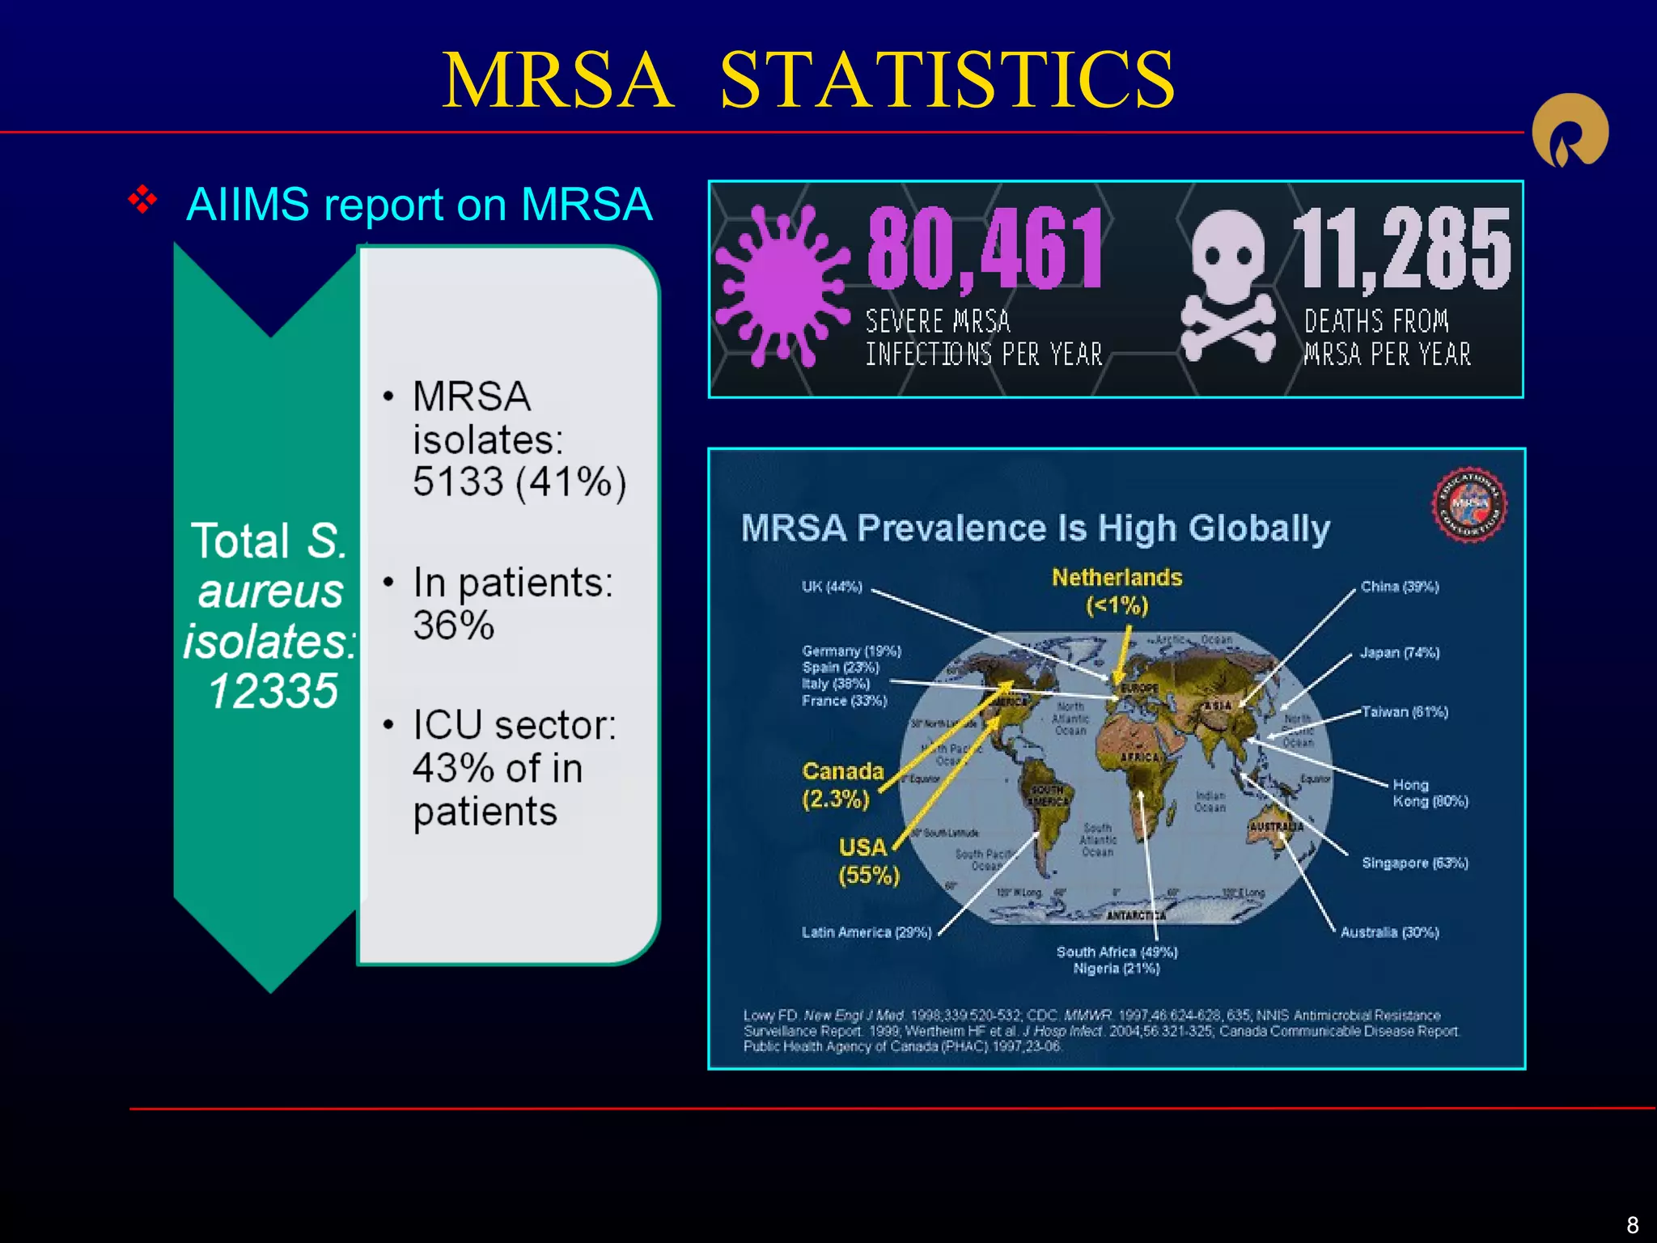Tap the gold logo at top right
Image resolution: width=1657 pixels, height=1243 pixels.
coord(1570,131)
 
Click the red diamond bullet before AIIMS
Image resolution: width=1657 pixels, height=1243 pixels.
coord(142,200)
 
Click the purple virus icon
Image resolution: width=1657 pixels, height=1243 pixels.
coord(782,285)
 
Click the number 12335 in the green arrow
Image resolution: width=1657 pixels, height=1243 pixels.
coord(273,691)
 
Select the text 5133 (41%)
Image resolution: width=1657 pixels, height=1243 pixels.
coord(519,482)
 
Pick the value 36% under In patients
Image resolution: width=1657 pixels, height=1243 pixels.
coord(453,626)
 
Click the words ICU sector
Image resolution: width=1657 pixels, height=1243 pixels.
coord(515,725)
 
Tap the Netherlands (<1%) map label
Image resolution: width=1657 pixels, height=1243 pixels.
coord(1117,591)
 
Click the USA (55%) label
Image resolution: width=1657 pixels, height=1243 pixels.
coord(867,861)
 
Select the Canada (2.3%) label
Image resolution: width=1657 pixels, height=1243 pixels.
coord(841,785)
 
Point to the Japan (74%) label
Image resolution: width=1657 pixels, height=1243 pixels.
coord(1399,652)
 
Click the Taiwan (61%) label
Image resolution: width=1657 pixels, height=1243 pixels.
coord(1405,712)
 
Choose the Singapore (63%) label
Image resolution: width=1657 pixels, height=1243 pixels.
coord(1414,863)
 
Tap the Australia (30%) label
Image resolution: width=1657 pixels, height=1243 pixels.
coord(1389,932)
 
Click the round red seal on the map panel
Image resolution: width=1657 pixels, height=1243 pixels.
coord(1469,505)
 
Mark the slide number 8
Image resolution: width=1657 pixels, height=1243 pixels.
coord(1632,1224)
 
